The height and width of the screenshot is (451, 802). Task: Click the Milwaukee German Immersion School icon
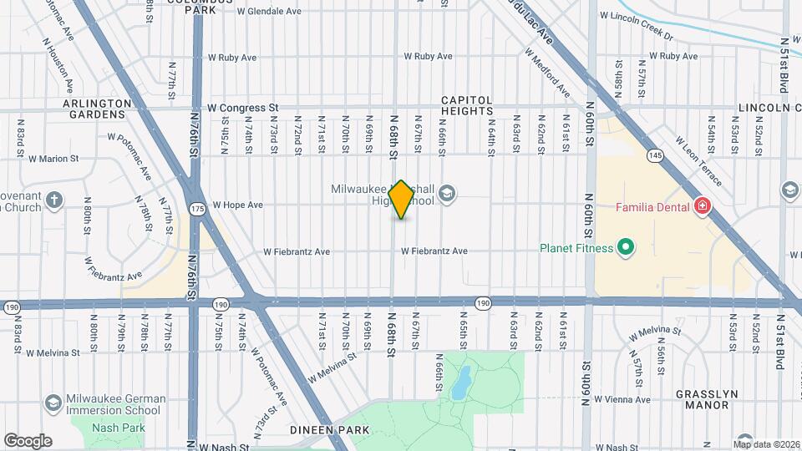tap(53, 403)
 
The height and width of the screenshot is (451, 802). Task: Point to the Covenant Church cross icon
tap(54, 200)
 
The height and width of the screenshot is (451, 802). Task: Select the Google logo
tap(28, 440)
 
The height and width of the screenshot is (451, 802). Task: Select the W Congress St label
tap(242, 108)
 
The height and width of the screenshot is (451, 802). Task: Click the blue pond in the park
tap(459, 383)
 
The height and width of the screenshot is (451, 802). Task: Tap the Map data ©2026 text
tap(767, 444)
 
